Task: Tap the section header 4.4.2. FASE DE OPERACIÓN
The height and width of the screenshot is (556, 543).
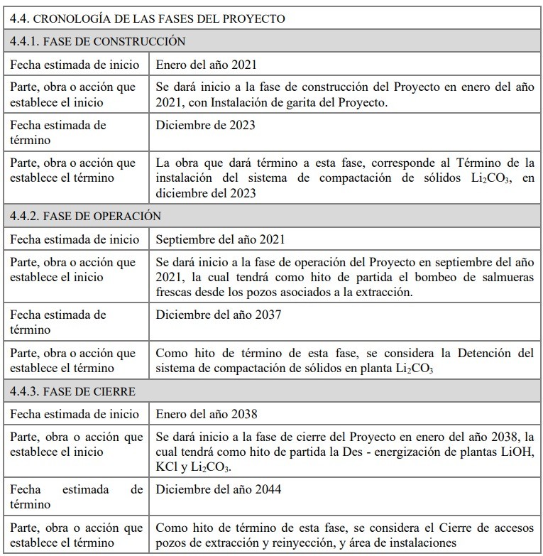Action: click(x=85, y=215)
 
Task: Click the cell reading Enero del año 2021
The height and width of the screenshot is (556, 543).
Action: click(x=206, y=65)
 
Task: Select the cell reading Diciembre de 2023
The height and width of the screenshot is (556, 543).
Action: click(x=205, y=125)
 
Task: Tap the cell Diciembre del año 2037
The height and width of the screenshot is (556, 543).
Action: click(x=218, y=314)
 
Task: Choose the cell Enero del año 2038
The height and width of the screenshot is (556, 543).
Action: click(x=206, y=414)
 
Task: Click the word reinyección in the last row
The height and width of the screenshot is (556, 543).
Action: click(x=309, y=543)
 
